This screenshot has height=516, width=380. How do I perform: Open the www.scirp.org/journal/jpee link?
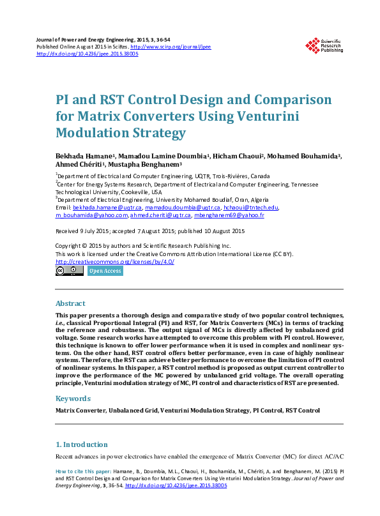point(171,47)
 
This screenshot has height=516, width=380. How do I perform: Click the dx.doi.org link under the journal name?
point(87,54)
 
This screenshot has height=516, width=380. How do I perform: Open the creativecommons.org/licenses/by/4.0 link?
point(116,261)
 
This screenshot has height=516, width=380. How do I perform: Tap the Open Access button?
point(105,271)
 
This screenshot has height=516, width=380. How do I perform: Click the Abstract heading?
point(70,303)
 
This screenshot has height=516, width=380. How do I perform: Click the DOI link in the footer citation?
point(176,485)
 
